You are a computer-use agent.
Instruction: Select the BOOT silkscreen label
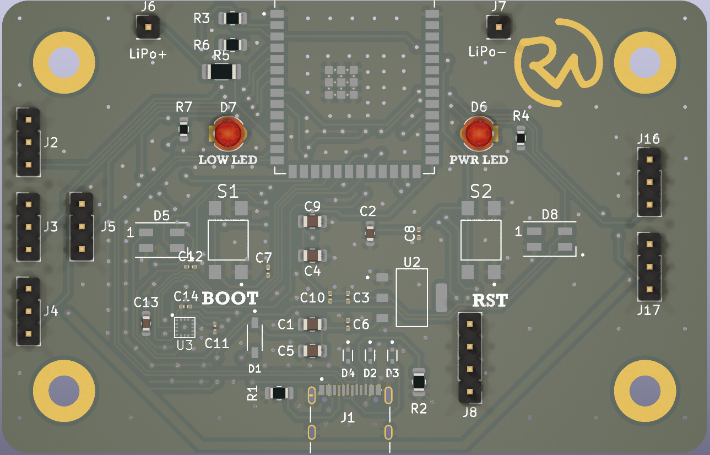click(230, 299)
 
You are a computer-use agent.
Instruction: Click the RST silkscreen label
click(490, 301)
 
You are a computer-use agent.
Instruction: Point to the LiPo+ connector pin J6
click(148, 26)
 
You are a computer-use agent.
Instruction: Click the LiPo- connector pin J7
click(498, 26)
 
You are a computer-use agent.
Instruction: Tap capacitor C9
click(312, 221)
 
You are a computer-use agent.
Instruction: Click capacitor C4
click(312, 256)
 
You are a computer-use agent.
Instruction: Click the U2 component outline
click(411, 297)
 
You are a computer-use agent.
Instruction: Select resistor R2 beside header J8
click(419, 381)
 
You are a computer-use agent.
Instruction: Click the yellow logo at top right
click(559, 61)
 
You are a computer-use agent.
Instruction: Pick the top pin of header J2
click(28, 119)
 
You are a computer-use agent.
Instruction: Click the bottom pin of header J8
click(469, 392)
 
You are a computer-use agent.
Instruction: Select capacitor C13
click(146, 324)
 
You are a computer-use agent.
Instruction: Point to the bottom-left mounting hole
click(63, 390)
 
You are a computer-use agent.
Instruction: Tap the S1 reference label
click(228, 192)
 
